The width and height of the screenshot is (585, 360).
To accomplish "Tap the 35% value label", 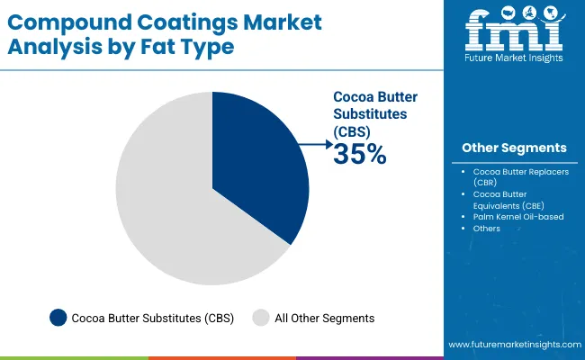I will [360, 155].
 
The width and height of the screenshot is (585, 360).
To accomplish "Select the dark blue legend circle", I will [58, 317].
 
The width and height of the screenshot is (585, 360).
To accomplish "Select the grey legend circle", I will [262, 317].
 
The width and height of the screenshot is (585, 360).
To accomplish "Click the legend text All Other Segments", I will [325, 318].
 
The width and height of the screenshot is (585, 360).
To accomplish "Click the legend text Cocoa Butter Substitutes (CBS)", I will [152, 318].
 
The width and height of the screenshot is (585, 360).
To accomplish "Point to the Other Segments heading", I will [514, 148].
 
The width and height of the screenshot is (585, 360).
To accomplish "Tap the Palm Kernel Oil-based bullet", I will [518, 216].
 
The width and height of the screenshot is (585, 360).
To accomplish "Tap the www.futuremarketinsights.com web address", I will [512, 345].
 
